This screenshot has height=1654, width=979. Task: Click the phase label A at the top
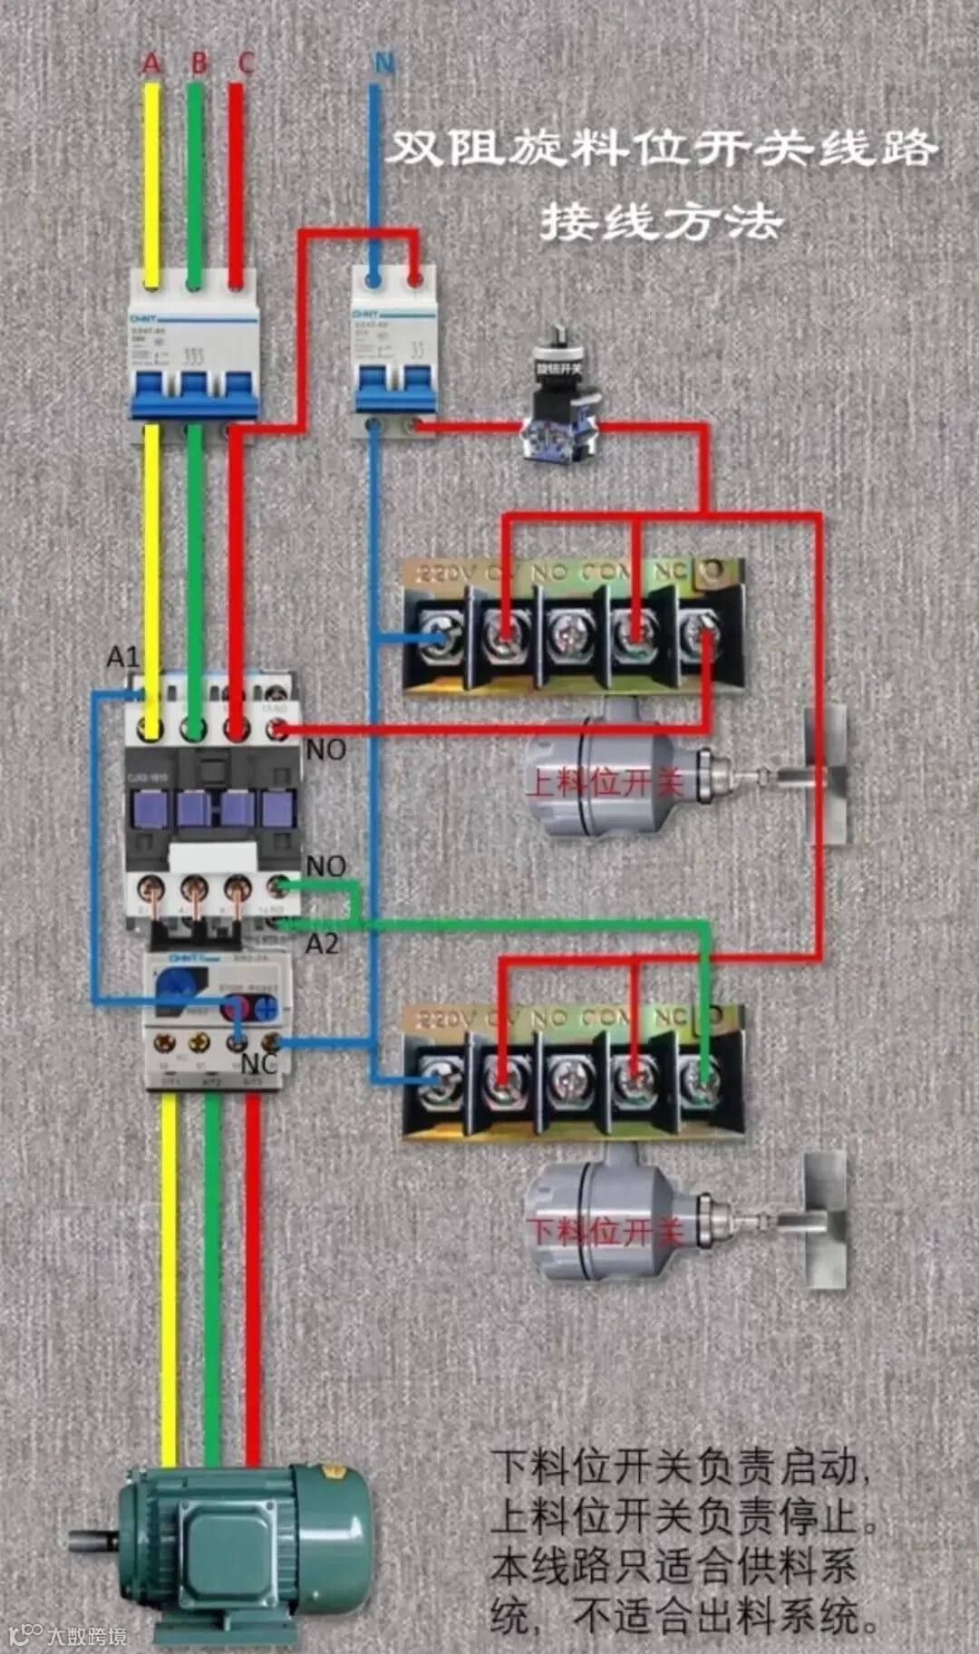click(x=151, y=63)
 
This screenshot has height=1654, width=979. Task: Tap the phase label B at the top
click(x=199, y=63)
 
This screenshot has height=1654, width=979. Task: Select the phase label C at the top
click(x=246, y=63)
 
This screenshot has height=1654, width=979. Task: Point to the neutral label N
click(x=384, y=63)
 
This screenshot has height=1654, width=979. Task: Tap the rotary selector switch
click(x=560, y=399)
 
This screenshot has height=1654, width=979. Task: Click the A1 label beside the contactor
click(x=123, y=656)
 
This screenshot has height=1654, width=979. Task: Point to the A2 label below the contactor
click(x=322, y=944)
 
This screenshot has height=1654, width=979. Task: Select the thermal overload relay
click(x=218, y=1020)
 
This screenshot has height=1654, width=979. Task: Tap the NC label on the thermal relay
click(x=259, y=1063)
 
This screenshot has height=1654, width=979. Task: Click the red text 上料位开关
click(x=605, y=781)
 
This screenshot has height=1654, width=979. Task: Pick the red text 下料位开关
click(x=605, y=1231)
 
